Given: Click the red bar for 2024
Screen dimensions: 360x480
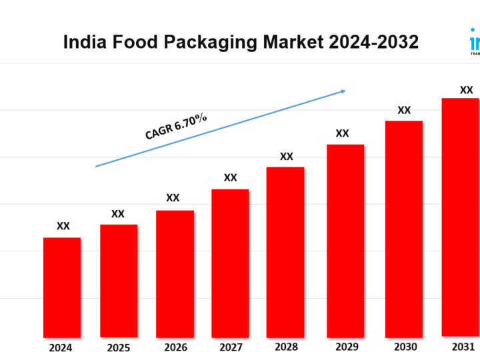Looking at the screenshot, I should [62, 287].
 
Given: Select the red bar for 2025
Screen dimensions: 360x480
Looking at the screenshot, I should [119, 281].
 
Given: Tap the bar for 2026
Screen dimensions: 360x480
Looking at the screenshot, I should [175, 273].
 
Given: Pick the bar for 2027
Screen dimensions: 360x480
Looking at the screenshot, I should [230, 263].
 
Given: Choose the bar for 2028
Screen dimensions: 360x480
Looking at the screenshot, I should [285, 252].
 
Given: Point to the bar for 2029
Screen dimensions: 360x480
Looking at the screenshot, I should [345, 241].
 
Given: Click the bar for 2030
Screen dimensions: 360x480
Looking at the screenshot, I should [404, 229].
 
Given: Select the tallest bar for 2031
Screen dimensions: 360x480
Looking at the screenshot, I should [461, 217].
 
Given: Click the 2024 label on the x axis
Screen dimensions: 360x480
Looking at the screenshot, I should [61, 347].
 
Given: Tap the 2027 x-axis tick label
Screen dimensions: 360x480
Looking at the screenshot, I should [230, 347].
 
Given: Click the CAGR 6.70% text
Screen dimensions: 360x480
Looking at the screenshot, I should [176, 126].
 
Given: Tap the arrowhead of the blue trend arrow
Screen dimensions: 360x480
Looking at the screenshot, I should [343, 91].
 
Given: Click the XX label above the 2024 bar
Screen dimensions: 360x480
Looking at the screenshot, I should [63, 227].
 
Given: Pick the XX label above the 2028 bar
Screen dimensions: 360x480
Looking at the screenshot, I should [287, 157].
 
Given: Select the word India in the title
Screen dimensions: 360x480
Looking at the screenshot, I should [85, 42].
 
